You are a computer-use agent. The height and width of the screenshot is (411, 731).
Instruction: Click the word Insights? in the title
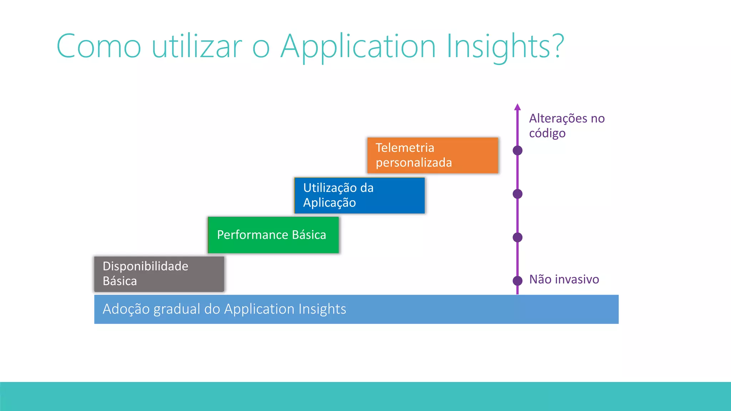coord(505,46)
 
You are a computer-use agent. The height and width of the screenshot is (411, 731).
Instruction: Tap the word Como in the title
coord(99,46)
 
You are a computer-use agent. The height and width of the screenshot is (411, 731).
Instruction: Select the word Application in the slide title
coord(358,46)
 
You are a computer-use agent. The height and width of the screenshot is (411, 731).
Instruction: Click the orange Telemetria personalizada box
coord(433,156)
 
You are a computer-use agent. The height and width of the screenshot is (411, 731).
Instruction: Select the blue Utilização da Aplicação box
coord(360,196)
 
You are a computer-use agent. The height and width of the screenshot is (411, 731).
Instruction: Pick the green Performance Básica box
coord(273,235)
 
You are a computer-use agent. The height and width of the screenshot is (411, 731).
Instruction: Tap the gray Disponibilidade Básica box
coord(159,274)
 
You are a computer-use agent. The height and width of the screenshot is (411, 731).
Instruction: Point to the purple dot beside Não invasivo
coord(518,281)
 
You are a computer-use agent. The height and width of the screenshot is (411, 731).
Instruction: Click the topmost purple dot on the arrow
coord(518,151)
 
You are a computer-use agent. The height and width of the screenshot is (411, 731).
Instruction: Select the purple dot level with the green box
coord(518,237)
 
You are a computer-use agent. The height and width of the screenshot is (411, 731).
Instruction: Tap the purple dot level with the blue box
coord(518,194)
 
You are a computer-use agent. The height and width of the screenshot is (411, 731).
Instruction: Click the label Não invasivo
coord(564,279)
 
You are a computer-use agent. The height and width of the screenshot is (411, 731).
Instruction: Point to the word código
coord(547,133)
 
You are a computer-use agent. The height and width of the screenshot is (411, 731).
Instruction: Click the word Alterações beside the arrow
coord(558,118)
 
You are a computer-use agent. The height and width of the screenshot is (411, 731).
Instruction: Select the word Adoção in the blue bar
coord(126,309)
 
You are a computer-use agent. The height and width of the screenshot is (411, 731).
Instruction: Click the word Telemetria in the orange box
coord(405,148)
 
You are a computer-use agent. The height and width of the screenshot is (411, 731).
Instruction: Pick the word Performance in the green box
coord(252,235)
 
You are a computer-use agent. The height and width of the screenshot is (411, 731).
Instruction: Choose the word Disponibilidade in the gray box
coord(145,266)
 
